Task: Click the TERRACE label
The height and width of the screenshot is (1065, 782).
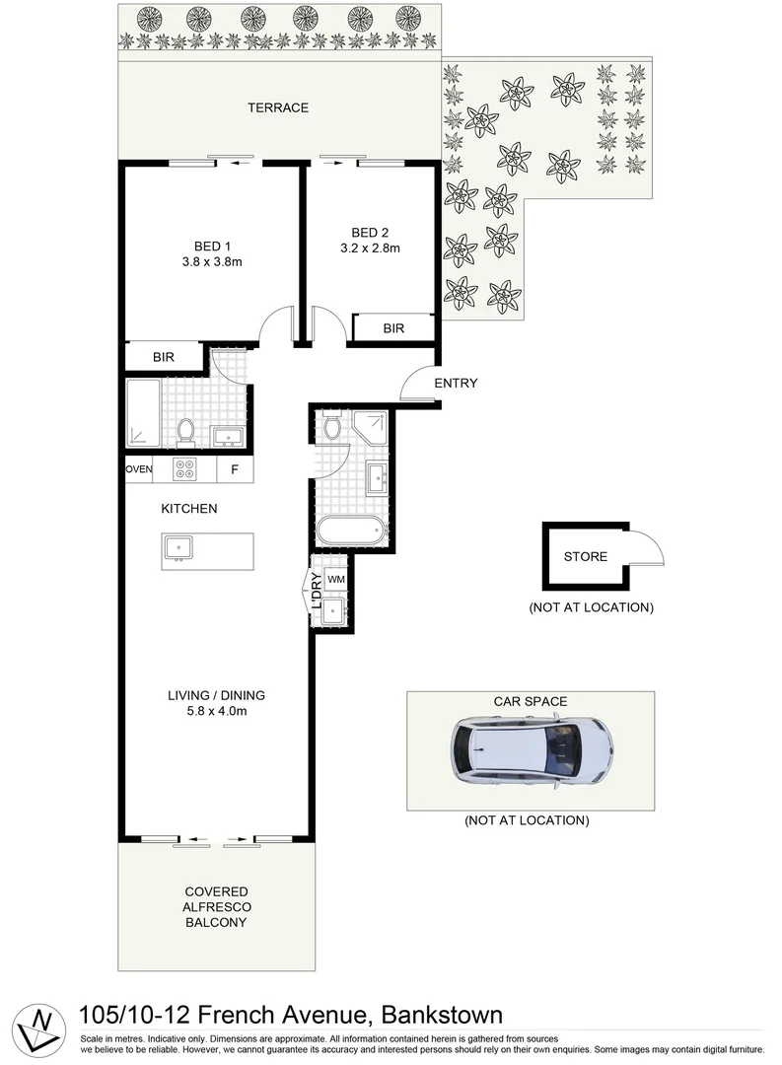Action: click(x=278, y=107)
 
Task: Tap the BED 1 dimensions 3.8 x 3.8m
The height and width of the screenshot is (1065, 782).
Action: click(x=213, y=262)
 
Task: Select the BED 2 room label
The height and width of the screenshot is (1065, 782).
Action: click(x=371, y=233)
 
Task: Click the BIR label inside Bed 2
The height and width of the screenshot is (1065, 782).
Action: click(x=394, y=328)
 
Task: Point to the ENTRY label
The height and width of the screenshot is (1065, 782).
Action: click(x=456, y=383)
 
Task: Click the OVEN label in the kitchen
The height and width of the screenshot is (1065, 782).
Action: click(x=139, y=469)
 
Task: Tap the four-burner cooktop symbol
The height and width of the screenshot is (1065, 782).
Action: click(x=185, y=468)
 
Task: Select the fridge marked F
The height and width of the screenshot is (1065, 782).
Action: click(x=234, y=469)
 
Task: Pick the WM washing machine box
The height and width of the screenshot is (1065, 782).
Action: click(x=336, y=579)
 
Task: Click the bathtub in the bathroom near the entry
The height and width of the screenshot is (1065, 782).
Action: click(x=350, y=531)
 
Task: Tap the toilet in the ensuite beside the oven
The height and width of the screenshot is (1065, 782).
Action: click(x=184, y=431)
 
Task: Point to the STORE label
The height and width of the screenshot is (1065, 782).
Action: click(x=585, y=557)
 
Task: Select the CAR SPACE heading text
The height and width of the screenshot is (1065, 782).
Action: click(x=531, y=701)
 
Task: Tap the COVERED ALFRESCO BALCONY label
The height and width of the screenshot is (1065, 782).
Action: click(x=215, y=907)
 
